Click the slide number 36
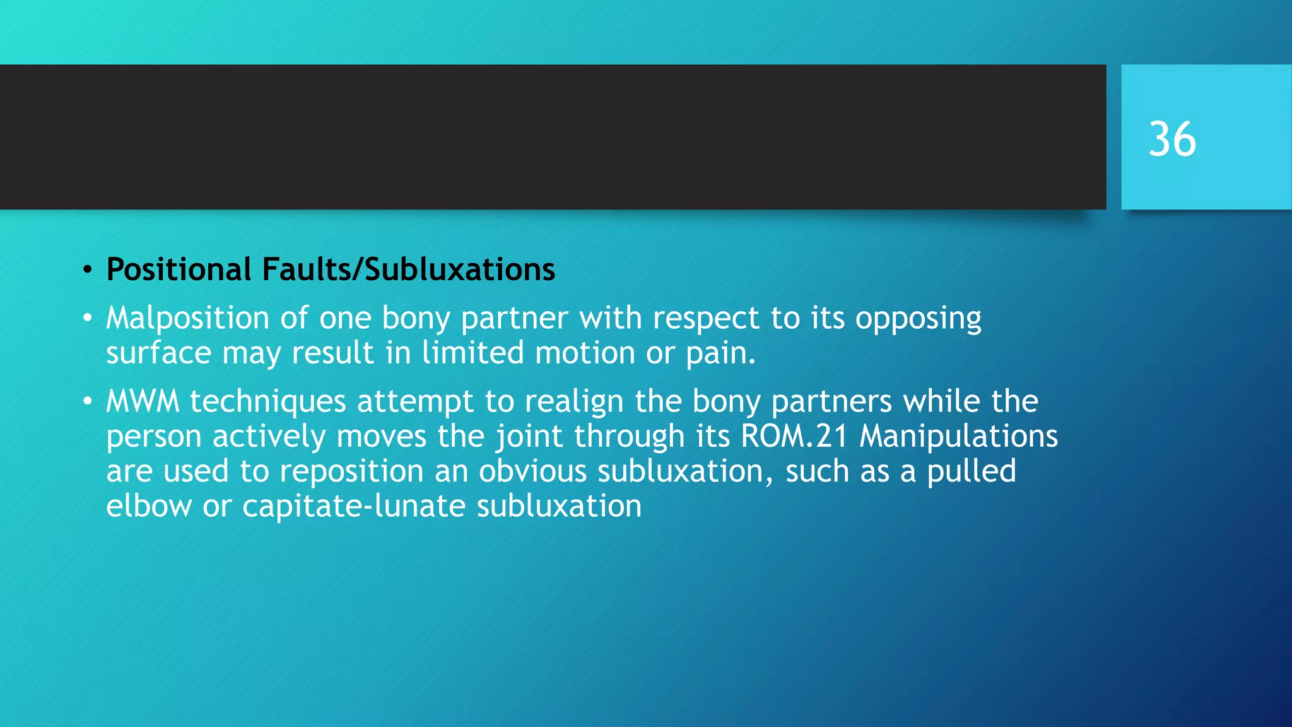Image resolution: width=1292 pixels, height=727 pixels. [x=1172, y=139]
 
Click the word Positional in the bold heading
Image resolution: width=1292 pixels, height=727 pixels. [x=179, y=269]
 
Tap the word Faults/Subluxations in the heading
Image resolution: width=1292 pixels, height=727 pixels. [x=408, y=269]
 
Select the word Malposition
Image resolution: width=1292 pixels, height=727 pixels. [x=187, y=318]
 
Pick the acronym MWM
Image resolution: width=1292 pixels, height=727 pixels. [x=143, y=401]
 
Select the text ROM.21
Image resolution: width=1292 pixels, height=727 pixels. [x=794, y=436]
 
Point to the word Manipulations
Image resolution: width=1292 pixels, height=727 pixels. [x=958, y=436]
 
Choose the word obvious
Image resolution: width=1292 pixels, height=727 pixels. [x=532, y=471]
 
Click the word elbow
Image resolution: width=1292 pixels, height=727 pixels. [x=149, y=506]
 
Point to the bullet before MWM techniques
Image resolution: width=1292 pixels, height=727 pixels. [x=88, y=402]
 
